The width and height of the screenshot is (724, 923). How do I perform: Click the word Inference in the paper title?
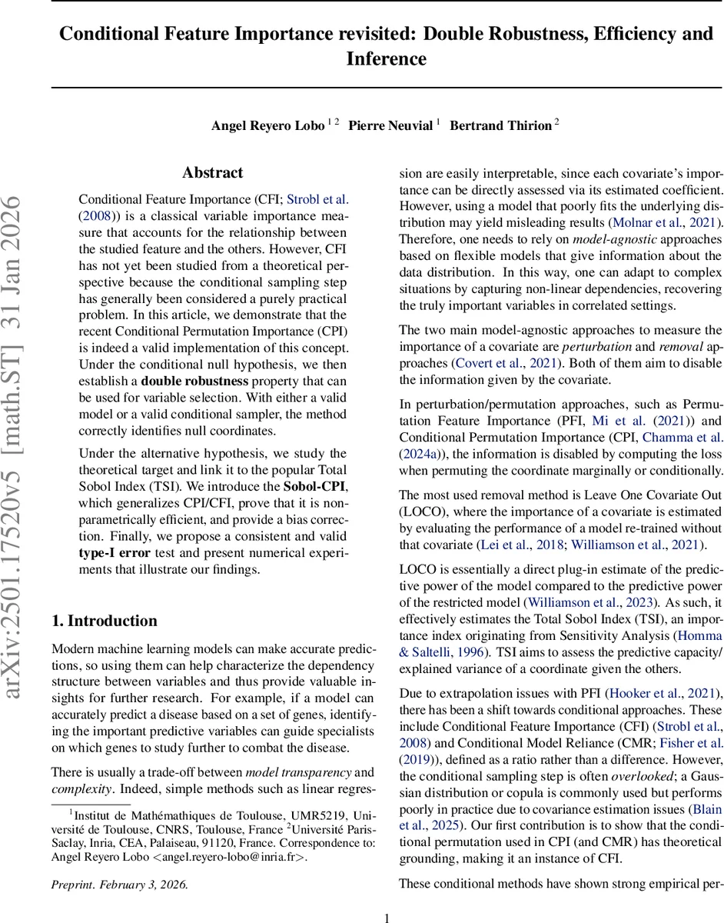pyautogui.click(x=386, y=58)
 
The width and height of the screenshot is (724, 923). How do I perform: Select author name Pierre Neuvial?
pyautogui.click(x=390, y=126)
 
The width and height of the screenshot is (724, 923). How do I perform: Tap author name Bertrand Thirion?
pyautogui.click(x=500, y=126)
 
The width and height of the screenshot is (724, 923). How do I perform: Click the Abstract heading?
pyautogui.click(x=213, y=173)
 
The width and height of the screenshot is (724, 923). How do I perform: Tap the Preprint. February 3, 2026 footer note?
pyautogui.click(x=119, y=885)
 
